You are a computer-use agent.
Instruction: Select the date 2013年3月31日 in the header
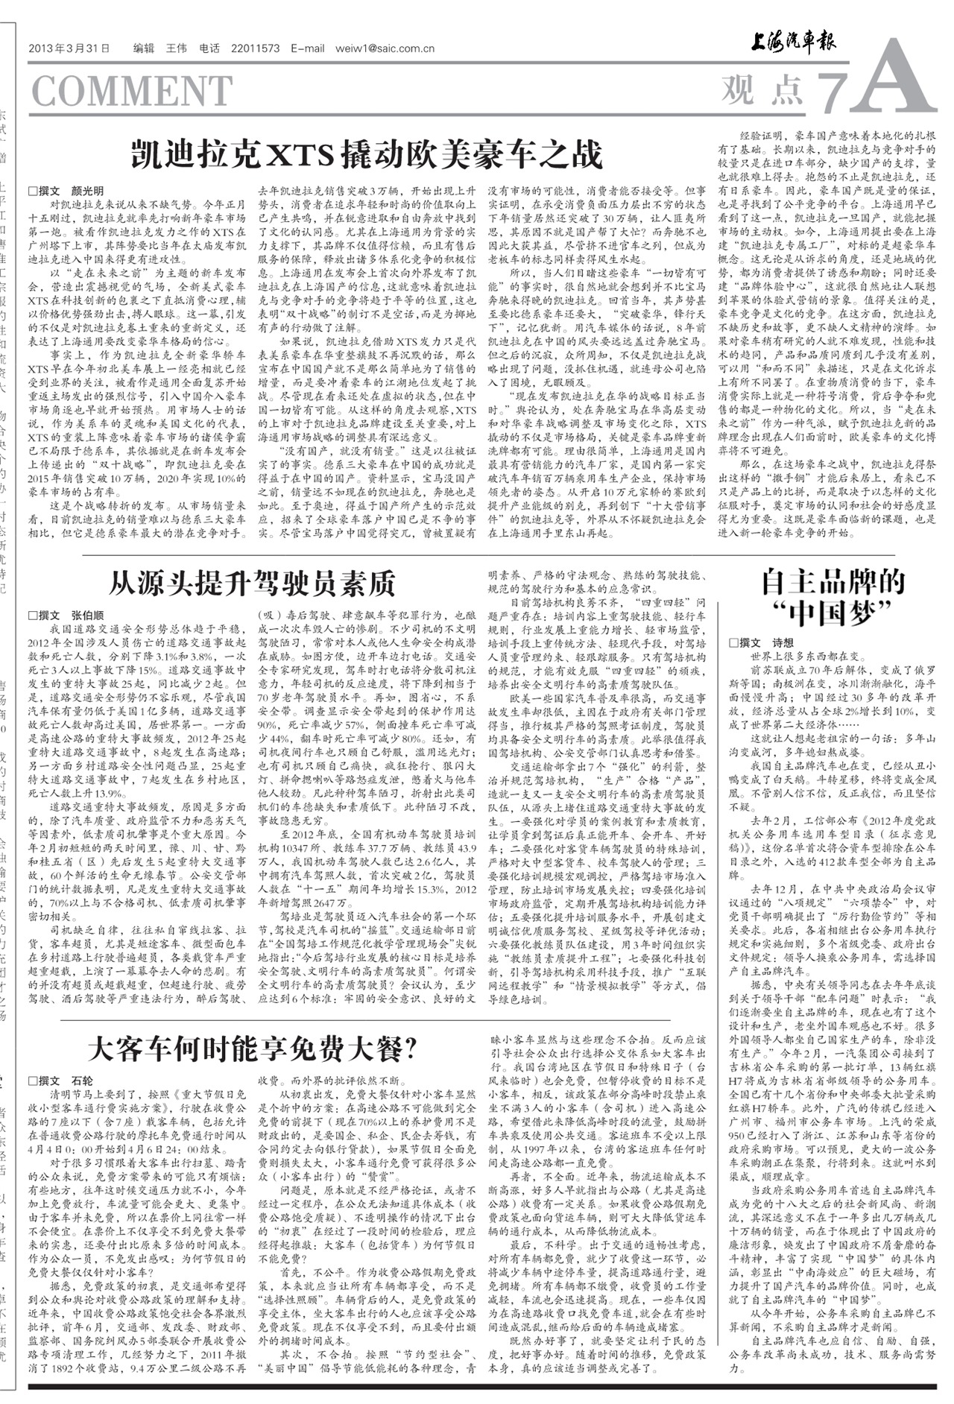coord(69,49)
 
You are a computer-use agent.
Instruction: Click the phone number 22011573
coord(256,49)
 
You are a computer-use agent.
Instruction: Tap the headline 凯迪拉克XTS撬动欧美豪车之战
coord(365,155)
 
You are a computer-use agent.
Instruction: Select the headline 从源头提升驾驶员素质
coord(252,584)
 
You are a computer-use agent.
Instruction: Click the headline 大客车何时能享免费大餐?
coord(252,1049)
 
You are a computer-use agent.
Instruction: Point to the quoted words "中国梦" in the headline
coord(832,615)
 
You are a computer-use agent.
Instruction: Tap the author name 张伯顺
coord(88,616)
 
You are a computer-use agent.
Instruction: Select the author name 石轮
coord(83,1081)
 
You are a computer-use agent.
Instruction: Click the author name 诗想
coord(783,642)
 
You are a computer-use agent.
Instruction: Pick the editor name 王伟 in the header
coord(176,49)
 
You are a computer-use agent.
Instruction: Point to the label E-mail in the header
coord(308,49)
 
